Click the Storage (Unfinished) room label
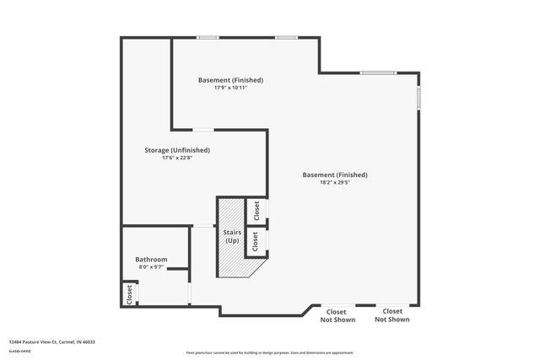(176, 150)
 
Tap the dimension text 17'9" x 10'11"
(230, 88)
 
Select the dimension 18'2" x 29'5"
(335, 182)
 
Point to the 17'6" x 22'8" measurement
(176, 158)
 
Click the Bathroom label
(151, 260)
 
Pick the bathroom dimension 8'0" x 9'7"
(151, 267)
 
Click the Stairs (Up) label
(232, 235)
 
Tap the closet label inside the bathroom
(129, 293)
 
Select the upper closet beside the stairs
(256, 210)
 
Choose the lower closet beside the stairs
(256, 242)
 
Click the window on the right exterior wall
(418, 97)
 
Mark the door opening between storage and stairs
(203, 225)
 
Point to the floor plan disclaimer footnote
(270, 352)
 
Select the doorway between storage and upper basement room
(203, 130)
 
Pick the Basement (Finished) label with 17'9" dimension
(230, 80)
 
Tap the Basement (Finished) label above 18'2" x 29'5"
(335, 175)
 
